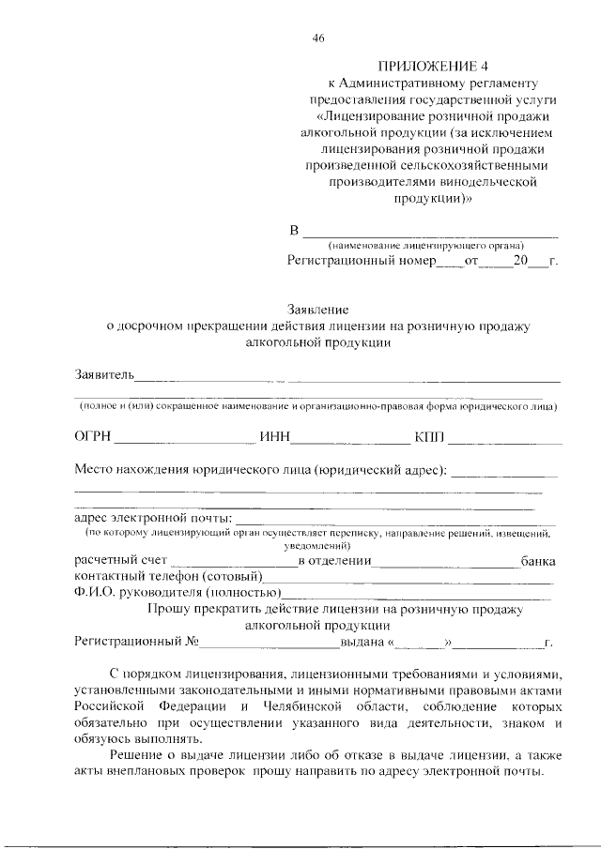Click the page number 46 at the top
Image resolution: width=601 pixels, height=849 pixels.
coord(317,38)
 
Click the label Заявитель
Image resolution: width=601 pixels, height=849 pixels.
coord(105,376)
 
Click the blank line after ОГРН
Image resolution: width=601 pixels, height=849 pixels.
coord(185,441)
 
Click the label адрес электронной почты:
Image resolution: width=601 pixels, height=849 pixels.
coord(153,517)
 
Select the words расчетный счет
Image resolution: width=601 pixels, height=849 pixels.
coord(115,561)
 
